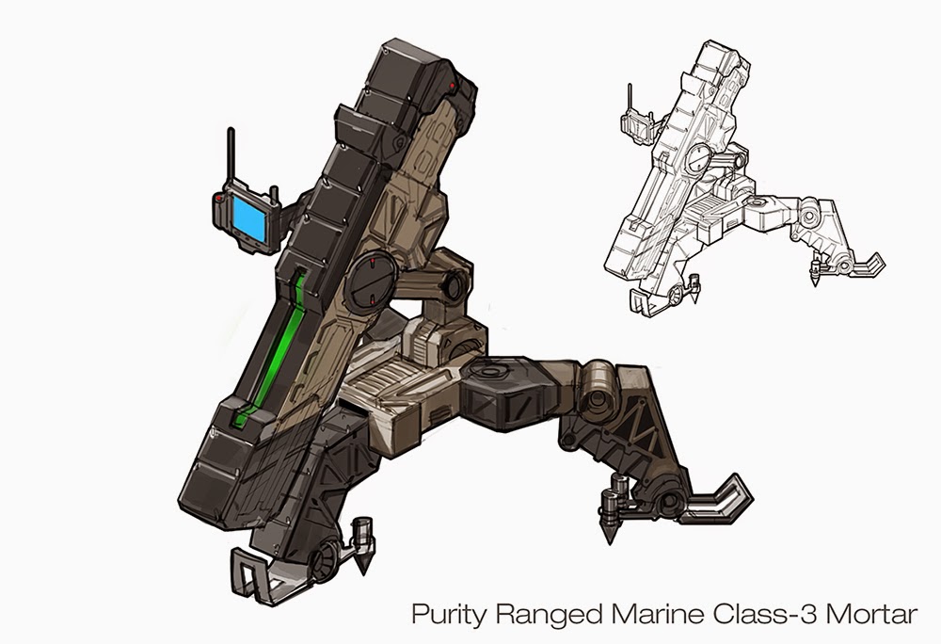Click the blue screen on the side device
(249, 218)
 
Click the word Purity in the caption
(447, 615)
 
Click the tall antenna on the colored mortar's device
(231, 159)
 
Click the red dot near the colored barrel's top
(452, 86)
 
